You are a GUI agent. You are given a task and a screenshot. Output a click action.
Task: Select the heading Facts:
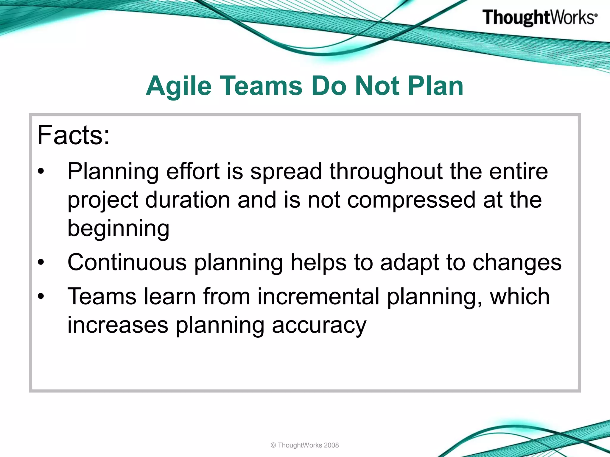pos(74,135)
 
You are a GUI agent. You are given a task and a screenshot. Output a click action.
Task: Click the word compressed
pos(411,200)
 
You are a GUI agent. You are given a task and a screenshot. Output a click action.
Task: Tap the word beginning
pos(118,228)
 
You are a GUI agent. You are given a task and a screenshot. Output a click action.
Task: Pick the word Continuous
pos(127,262)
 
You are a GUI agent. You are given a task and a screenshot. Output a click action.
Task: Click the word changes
pos(517,263)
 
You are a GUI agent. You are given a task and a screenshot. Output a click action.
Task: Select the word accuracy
pos(319,325)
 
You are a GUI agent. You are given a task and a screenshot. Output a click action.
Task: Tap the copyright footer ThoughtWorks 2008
pos(305,445)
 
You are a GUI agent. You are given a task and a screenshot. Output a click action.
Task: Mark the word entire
pos(518,172)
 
